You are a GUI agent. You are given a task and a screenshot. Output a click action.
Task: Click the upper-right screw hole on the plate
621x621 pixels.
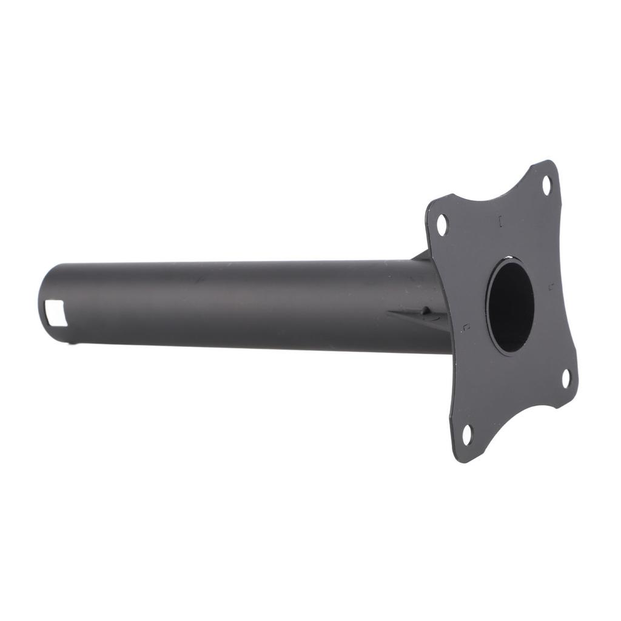click(x=546, y=185)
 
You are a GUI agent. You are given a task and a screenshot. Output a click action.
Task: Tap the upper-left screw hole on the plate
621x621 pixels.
click(x=442, y=224)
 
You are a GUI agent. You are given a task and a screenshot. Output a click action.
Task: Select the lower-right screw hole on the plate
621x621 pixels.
click(x=566, y=378)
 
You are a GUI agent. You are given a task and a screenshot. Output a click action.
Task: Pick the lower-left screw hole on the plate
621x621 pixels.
click(x=467, y=434)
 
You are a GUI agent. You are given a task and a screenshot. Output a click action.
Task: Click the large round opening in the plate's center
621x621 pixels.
click(x=510, y=306)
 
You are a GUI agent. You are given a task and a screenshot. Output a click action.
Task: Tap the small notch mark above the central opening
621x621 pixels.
click(x=500, y=221)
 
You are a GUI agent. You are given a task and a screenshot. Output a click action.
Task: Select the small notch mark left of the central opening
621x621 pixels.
click(x=466, y=327)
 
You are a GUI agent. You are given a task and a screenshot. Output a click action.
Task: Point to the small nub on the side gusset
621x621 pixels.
click(x=426, y=311)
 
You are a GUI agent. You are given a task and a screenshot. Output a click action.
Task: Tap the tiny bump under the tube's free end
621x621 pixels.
click(x=75, y=344)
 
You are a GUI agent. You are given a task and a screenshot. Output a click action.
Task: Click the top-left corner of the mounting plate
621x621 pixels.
click(x=432, y=203)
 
